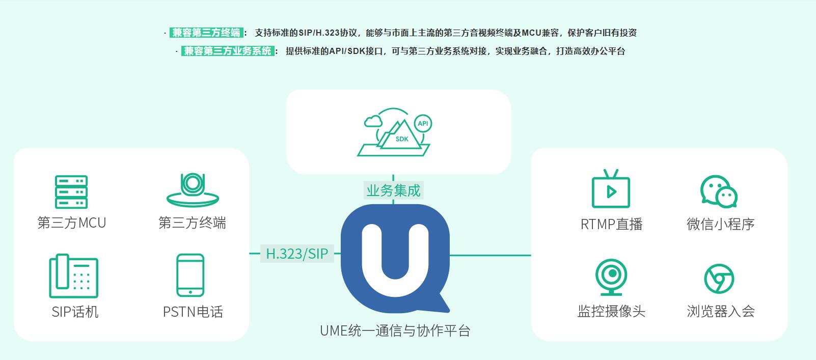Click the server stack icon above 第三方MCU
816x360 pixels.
point(71,192)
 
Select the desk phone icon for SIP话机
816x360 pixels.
point(73,276)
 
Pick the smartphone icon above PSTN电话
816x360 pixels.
point(190,275)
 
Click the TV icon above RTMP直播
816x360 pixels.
point(611,189)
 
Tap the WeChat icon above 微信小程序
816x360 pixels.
point(719,191)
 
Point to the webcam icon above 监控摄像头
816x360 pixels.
point(611,277)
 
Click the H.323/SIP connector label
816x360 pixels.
point(297,253)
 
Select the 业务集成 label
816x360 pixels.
point(393,190)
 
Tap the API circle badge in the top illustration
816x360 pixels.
point(423,124)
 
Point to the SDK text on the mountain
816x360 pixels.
point(402,139)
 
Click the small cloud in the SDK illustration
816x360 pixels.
point(373,121)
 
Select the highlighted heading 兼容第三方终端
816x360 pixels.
point(206,33)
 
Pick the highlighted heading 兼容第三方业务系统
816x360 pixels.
point(228,51)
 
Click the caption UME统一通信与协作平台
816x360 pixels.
point(395,330)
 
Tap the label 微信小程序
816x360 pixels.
point(720,224)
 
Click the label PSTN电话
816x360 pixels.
point(193,312)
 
